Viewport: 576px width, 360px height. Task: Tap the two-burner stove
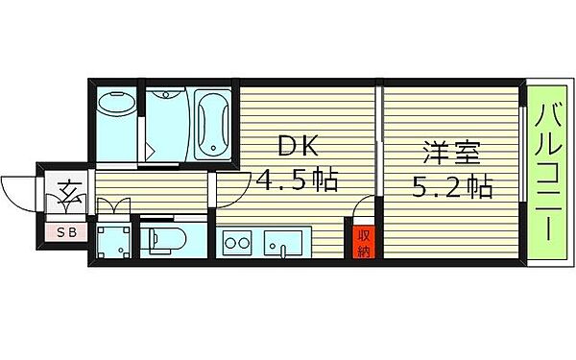(236, 241)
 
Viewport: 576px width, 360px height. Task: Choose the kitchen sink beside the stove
(284, 242)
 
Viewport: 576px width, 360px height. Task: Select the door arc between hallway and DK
(227, 189)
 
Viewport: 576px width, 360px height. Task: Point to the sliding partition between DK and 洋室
(379, 144)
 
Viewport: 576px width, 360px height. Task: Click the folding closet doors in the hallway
(113, 204)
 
